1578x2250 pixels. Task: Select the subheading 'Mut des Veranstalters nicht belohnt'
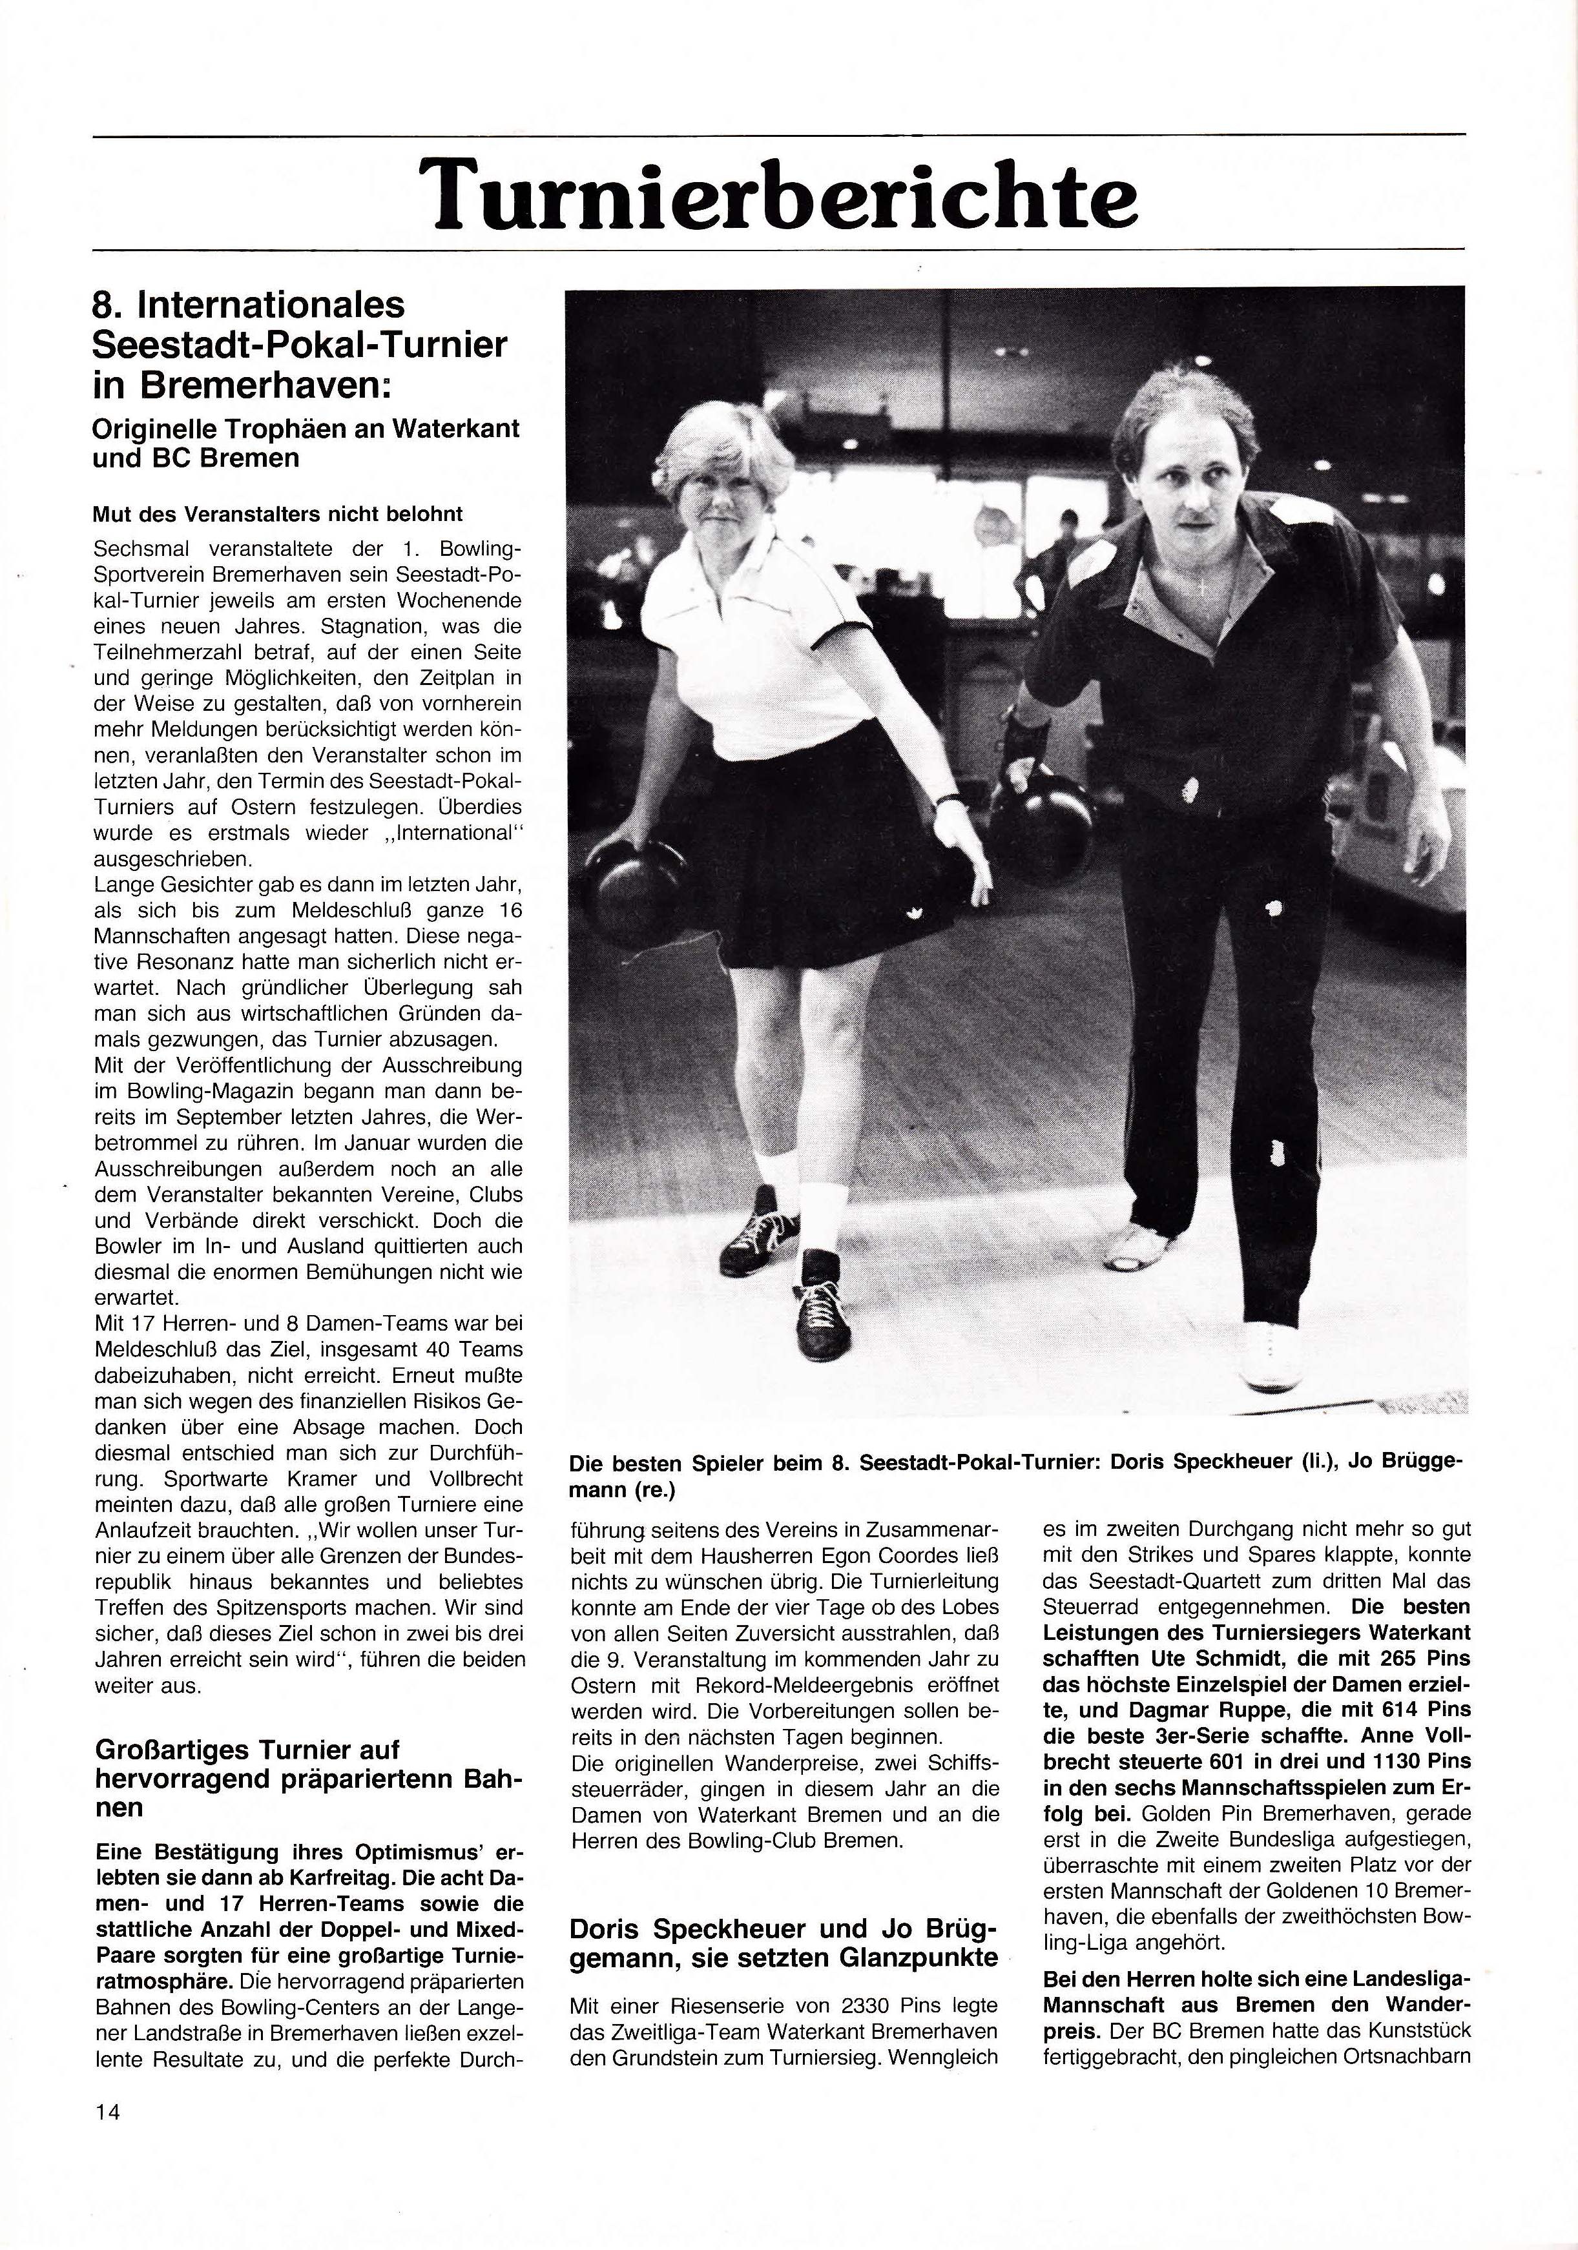pos(277,515)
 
